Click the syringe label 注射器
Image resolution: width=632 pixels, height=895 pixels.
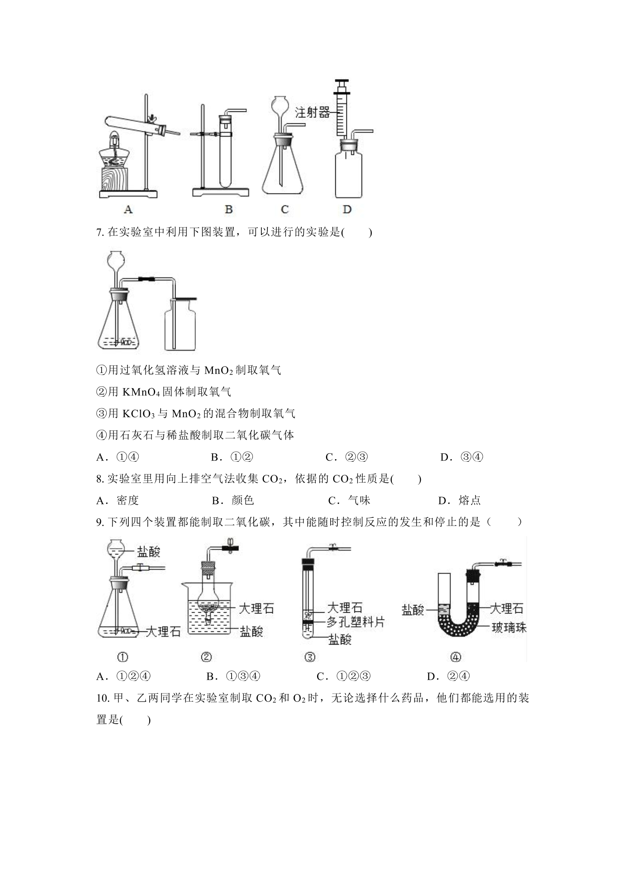coord(312,113)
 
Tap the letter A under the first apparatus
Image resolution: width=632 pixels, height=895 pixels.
coord(128,209)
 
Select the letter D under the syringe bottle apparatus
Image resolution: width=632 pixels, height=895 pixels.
coord(347,209)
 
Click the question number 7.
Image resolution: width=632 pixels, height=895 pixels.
coord(100,233)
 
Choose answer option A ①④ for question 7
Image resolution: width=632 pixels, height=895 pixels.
coord(118,457)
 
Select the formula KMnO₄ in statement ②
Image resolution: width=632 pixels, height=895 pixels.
coord(140,392)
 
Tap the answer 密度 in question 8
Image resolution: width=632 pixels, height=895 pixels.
coord(128,500)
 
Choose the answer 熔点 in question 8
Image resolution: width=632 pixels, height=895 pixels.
coord(470,500)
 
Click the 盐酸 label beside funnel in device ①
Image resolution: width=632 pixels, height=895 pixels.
coord(148,552)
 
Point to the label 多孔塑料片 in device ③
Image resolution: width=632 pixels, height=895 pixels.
coord(355,622)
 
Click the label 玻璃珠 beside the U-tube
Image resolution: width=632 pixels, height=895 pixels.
coord(509,627)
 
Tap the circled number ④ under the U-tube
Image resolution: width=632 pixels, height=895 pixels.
coord(455,657)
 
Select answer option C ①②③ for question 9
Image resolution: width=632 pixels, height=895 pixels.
coord(344,676)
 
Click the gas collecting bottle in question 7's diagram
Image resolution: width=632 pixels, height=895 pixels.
coord(181,324)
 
